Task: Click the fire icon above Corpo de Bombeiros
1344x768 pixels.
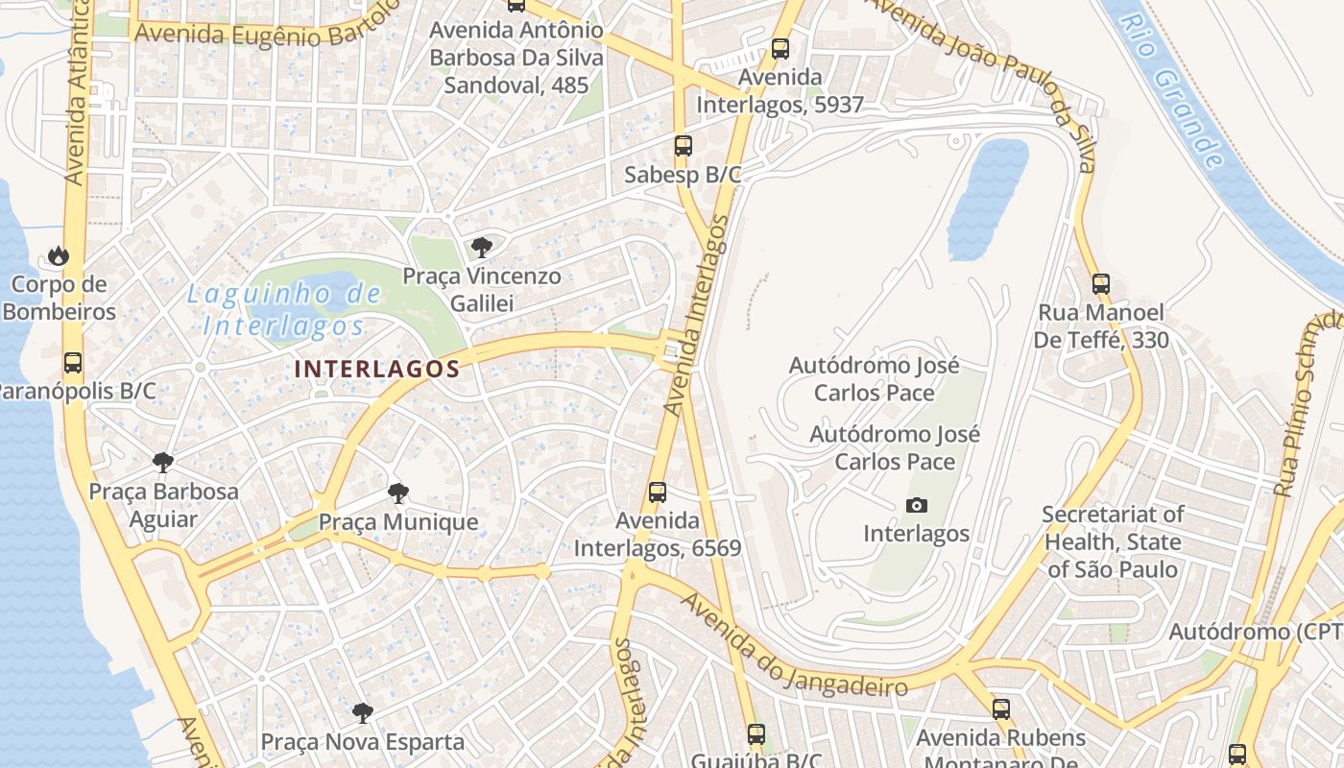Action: [x=59, y=255]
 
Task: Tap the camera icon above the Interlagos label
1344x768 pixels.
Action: [x=917, y=505]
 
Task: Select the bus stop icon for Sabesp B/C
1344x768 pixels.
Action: [x=683, y=146]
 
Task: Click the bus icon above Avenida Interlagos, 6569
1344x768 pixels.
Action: [x=658, y=492]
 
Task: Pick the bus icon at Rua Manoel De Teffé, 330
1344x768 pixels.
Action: [x=1101, y=284]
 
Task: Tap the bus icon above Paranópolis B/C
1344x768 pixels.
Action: [x=73, y=363]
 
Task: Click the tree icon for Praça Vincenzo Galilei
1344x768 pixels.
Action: [x=482, y=248]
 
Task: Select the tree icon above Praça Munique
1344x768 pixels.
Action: [x=397, y=494]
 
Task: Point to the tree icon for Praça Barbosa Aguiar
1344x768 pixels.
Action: [x=163, y=463]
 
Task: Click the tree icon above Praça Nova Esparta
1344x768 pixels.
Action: [x=363, y=712]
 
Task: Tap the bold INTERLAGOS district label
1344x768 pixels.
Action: [x=377, y=369]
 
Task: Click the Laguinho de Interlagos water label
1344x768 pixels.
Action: [x=284, y=309]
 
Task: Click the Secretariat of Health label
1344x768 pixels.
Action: [x=1113, y=541]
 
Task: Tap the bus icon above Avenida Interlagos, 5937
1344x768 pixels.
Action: [x=780, y=48]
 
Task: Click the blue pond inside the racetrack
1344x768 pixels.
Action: [x=987, y=199]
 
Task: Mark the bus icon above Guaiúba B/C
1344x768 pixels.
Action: [x=756, y=734]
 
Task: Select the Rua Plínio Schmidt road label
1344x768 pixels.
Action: [x=1304, y=403]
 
